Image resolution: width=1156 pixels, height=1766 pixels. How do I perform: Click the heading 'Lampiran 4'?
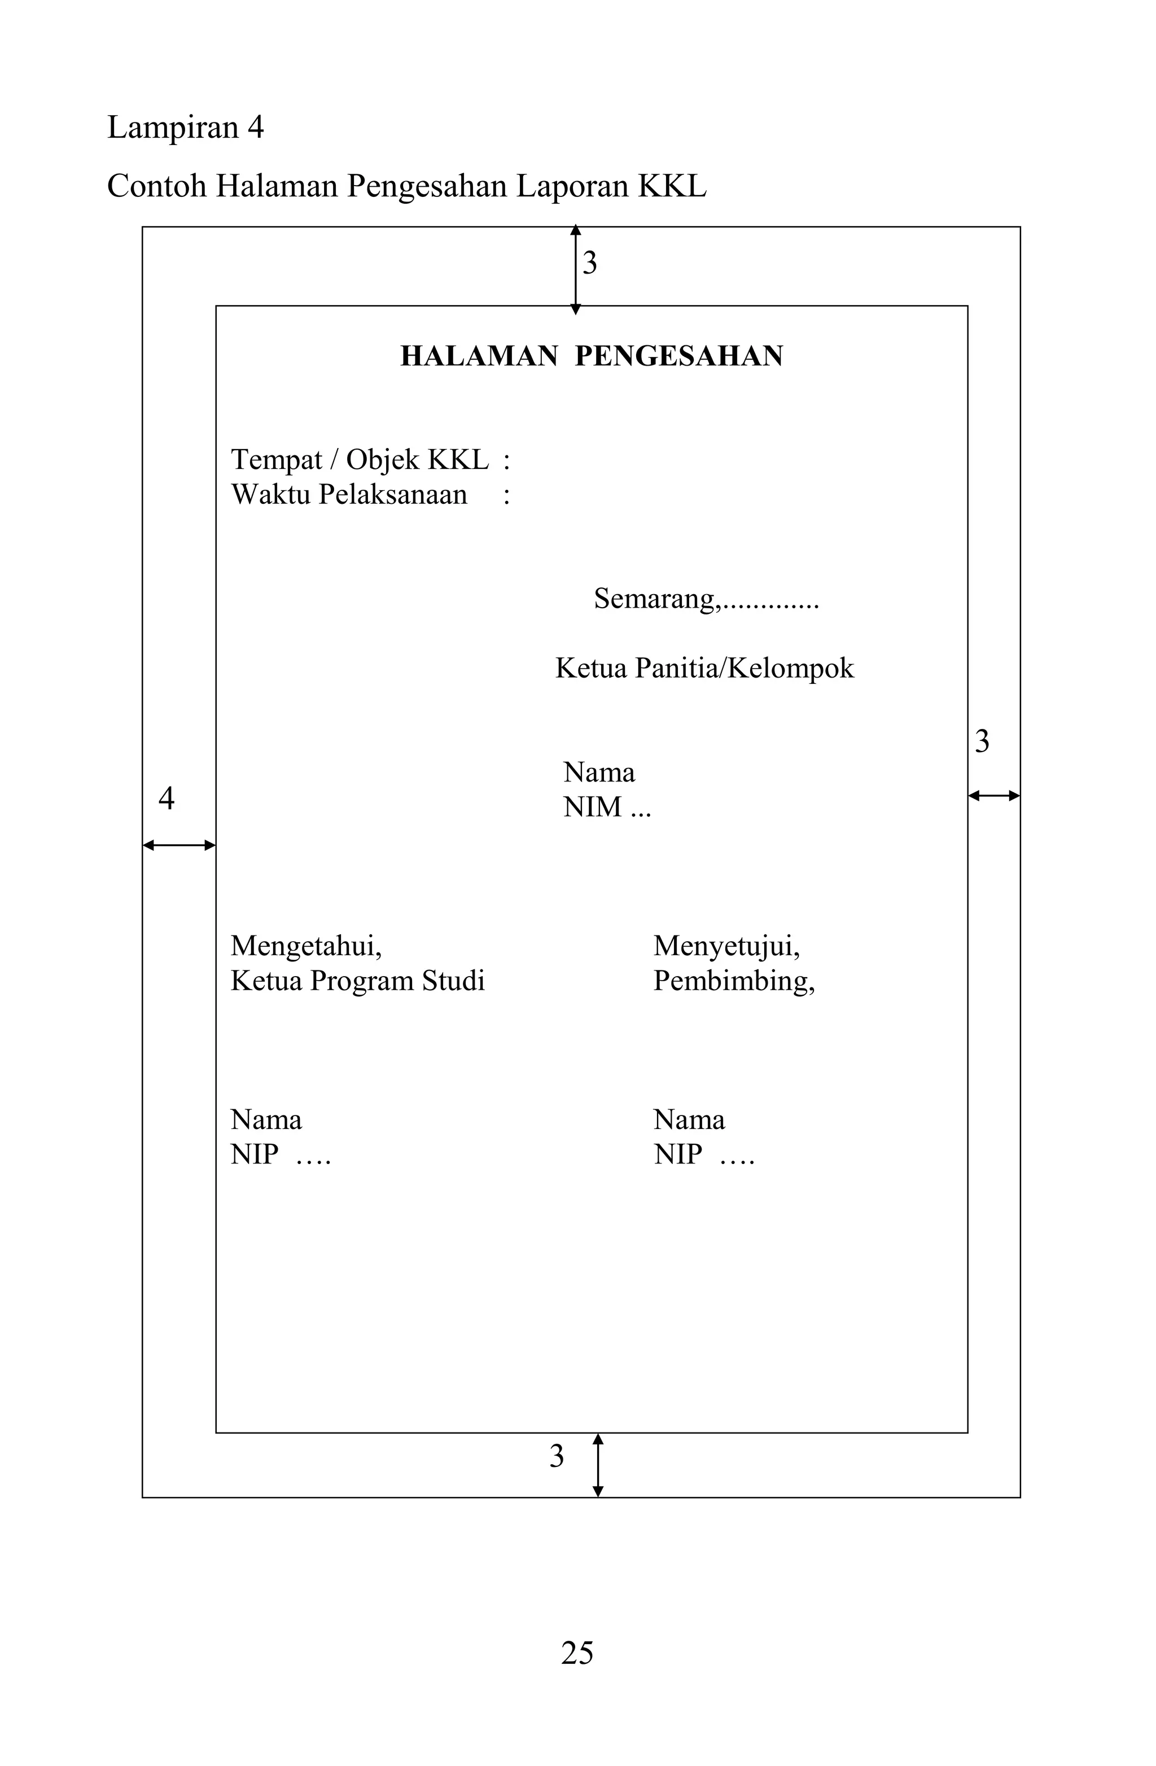point(185,128)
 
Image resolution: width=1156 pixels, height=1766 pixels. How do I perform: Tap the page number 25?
point(577,1653)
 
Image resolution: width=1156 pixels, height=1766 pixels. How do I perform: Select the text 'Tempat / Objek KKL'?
point(360,460)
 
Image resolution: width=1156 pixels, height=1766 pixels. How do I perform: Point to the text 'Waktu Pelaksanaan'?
point(349,495)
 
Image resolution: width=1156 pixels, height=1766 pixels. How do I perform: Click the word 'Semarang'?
point(655,599)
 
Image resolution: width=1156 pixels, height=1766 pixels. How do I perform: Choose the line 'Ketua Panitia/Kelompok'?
point(704,669)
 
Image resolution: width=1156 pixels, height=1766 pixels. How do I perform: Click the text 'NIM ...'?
point(607,807)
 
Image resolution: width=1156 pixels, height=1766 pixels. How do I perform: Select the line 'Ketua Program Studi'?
point(357,981)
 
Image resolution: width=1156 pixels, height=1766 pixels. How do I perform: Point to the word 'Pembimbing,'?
point(734,981)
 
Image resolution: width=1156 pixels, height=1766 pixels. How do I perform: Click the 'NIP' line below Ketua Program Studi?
point(280,1154)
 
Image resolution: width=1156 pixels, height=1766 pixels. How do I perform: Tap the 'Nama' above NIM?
point(598,772)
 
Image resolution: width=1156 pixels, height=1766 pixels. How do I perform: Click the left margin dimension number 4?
point(167,798)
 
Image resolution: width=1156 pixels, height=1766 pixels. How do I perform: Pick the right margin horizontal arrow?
point(993,796)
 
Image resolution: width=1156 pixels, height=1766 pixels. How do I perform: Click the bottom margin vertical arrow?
point(598,1465)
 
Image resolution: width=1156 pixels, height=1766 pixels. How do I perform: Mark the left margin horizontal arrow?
point(179,845)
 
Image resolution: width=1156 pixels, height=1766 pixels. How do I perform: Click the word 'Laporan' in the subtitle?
point(572,186)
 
